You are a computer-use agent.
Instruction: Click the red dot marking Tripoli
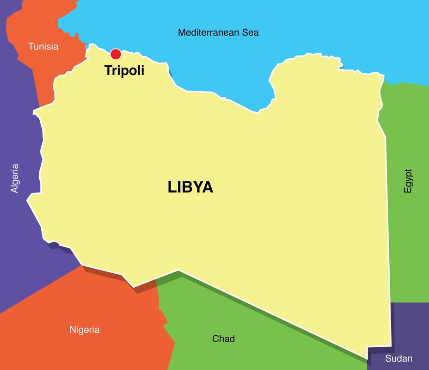point(116,54)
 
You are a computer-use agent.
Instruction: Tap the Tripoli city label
point(124,71)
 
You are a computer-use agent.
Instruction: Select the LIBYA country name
point(190,187)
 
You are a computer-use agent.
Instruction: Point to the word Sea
point(250,33)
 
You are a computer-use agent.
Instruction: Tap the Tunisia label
point(43,47)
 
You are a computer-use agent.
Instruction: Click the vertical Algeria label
point(15,178)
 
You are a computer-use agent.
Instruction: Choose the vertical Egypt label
point(408,180)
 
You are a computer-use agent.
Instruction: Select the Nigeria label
point(84,330)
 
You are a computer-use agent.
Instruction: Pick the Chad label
point(223,339)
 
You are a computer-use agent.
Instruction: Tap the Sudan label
point(398,358)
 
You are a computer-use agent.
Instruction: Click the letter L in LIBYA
point(172,187)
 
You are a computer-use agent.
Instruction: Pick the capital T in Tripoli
point(108,71)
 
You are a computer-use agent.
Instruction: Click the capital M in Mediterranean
point(182,33)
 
